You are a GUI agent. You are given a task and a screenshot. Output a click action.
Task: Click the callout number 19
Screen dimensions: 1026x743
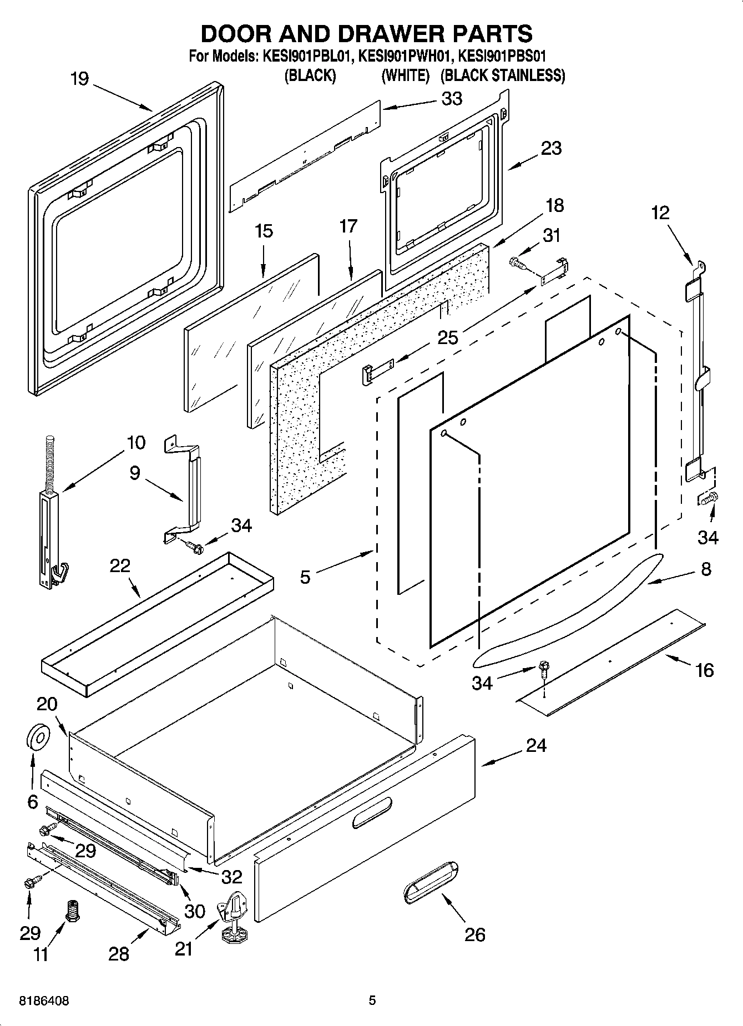tap(79, 79)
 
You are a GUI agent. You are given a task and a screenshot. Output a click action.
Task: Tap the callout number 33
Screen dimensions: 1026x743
tap(452, 99)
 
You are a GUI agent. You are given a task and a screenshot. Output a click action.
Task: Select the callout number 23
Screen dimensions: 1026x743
tap(551, 148)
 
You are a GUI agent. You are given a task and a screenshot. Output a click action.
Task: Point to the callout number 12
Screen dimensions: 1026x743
tap(660, 213)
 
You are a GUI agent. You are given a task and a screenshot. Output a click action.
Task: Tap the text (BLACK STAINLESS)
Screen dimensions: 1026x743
tap(502, 75)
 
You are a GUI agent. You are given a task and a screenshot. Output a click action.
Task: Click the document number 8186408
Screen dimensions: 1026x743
tap(44, 1000)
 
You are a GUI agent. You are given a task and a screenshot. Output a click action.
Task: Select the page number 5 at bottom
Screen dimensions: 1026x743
tap(372, 1000)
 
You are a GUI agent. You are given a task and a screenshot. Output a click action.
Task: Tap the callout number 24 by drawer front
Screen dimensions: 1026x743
tap(536, 745)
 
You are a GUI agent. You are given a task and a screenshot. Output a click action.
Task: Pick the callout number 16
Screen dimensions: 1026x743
tap(704, 670)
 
